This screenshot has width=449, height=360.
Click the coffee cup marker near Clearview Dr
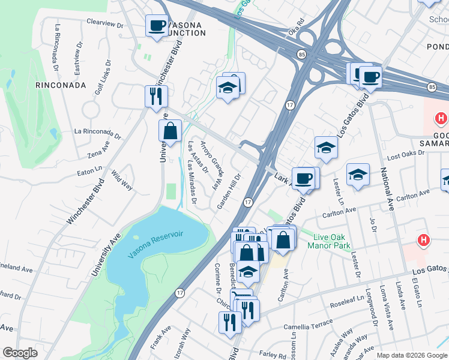tap(157, 26)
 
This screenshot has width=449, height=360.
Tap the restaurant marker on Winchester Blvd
tap(155, 95)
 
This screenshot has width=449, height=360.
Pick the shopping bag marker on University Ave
tap(170, 131)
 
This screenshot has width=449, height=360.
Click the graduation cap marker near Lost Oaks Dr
tap(358, 175)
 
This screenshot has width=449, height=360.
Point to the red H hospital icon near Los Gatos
tap(424, 241)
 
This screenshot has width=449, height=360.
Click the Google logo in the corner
tap(19, 353)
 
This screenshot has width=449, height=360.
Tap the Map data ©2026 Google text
tap(411, 355)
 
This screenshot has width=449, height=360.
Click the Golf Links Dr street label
tap(103, 77)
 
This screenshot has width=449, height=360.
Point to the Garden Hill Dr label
tap(229, 192)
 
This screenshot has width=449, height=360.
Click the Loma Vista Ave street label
tap(384, 311)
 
